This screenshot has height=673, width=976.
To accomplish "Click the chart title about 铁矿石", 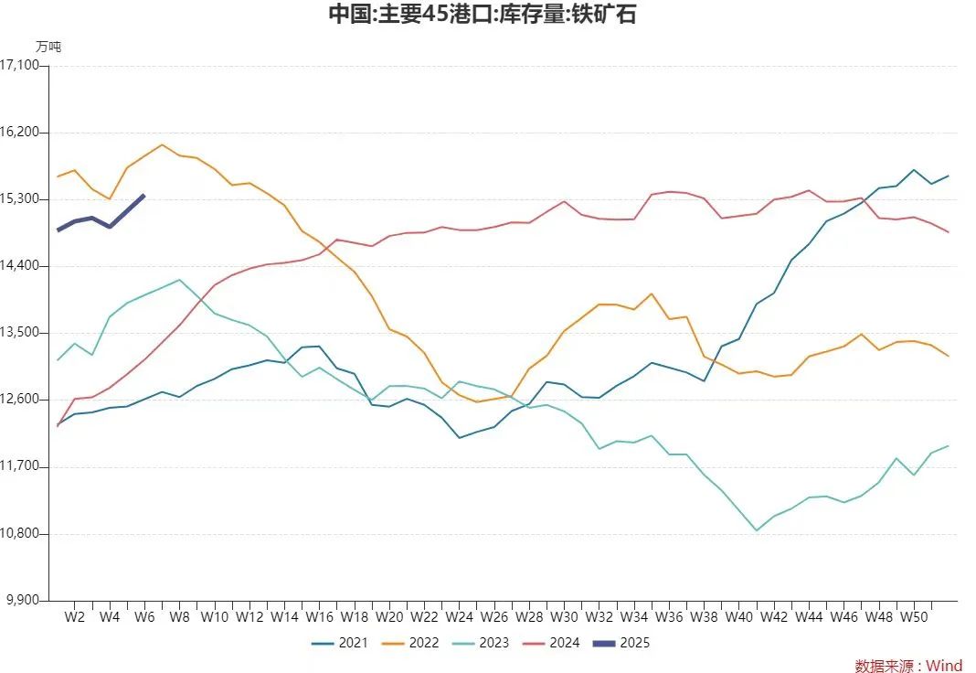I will [x=482, y=15].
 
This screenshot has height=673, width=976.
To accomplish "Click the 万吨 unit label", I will [x=48, y=46].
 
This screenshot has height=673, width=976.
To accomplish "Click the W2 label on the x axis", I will [x=75, y=617].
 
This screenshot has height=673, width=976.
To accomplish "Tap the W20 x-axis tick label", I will [x=389, y=617].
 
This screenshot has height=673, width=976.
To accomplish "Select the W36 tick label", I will [x=669, y=617].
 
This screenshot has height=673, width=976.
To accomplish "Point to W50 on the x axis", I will [x=914, y=617].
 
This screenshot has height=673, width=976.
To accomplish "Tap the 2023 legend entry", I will [x=481, y=643].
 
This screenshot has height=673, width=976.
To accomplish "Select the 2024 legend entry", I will [x=551, y=643].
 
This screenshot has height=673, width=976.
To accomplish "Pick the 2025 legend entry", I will [x=621, y=643].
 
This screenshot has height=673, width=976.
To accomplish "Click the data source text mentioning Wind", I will [x=908, y=666].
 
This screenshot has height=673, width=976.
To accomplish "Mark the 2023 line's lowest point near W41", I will [x=757, y=530].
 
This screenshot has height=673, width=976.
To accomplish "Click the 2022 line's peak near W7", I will [x=162, y=144].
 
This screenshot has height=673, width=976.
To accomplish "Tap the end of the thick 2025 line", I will [x=143, y=195].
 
